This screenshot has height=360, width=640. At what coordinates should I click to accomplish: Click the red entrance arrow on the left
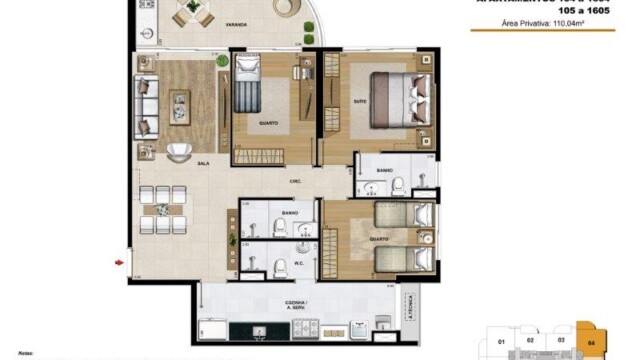pos(120,263)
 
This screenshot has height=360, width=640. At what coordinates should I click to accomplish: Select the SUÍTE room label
pos(358,101)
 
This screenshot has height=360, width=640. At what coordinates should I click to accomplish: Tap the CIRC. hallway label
pos(296,181)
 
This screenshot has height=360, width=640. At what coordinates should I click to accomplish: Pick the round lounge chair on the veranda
pos(288,9)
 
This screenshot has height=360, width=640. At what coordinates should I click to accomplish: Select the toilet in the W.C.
pos(282,265)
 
